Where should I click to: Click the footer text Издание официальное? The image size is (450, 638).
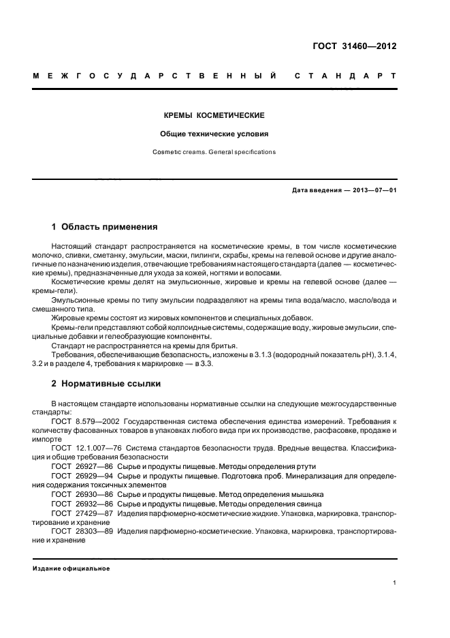71,568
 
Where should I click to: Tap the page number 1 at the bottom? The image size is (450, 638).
395,583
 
